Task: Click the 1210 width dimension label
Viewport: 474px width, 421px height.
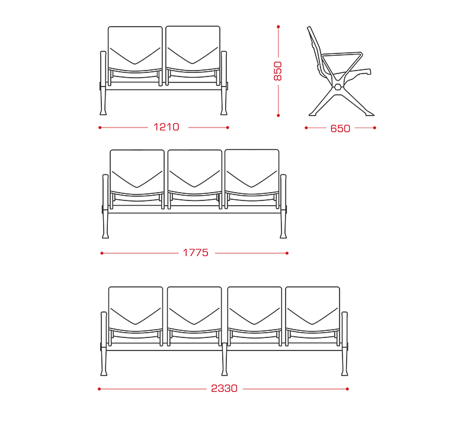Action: (x=166, y=127)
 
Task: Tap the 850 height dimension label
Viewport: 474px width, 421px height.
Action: (x=277, y=71)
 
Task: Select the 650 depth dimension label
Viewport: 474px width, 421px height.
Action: (x=340, y=129)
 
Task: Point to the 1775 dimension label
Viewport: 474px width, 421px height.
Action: (x=196, y=253)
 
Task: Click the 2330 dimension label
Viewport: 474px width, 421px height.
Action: (x=224, y=388)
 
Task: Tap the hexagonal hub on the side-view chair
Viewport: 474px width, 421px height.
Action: (x=338, y=87)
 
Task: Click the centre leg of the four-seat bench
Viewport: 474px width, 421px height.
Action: (x=225, y=359)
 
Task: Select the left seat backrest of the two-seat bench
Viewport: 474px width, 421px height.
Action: (x=135, y=49)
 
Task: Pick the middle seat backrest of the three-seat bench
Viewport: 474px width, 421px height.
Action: (x=195, y=172)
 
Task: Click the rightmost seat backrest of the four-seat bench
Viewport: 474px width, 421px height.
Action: (x=313, y=309)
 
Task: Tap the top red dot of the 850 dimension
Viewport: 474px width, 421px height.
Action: (x=278, y=27)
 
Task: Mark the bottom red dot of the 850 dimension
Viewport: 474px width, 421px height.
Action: (x=278, y=115)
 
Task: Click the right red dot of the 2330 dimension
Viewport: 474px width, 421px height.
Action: (x=347, y=389)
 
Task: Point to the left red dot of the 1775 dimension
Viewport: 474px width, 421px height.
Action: (x=102, y=253)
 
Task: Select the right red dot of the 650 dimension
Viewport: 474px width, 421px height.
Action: (x=374, y=128)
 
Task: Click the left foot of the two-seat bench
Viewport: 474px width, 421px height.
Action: (x=103, y=111)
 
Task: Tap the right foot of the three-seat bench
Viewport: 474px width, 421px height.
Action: (x=283, y=235)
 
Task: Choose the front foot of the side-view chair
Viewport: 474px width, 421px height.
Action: (x=369, y=114)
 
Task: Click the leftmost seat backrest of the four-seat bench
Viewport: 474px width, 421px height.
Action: (x=136, y=309)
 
